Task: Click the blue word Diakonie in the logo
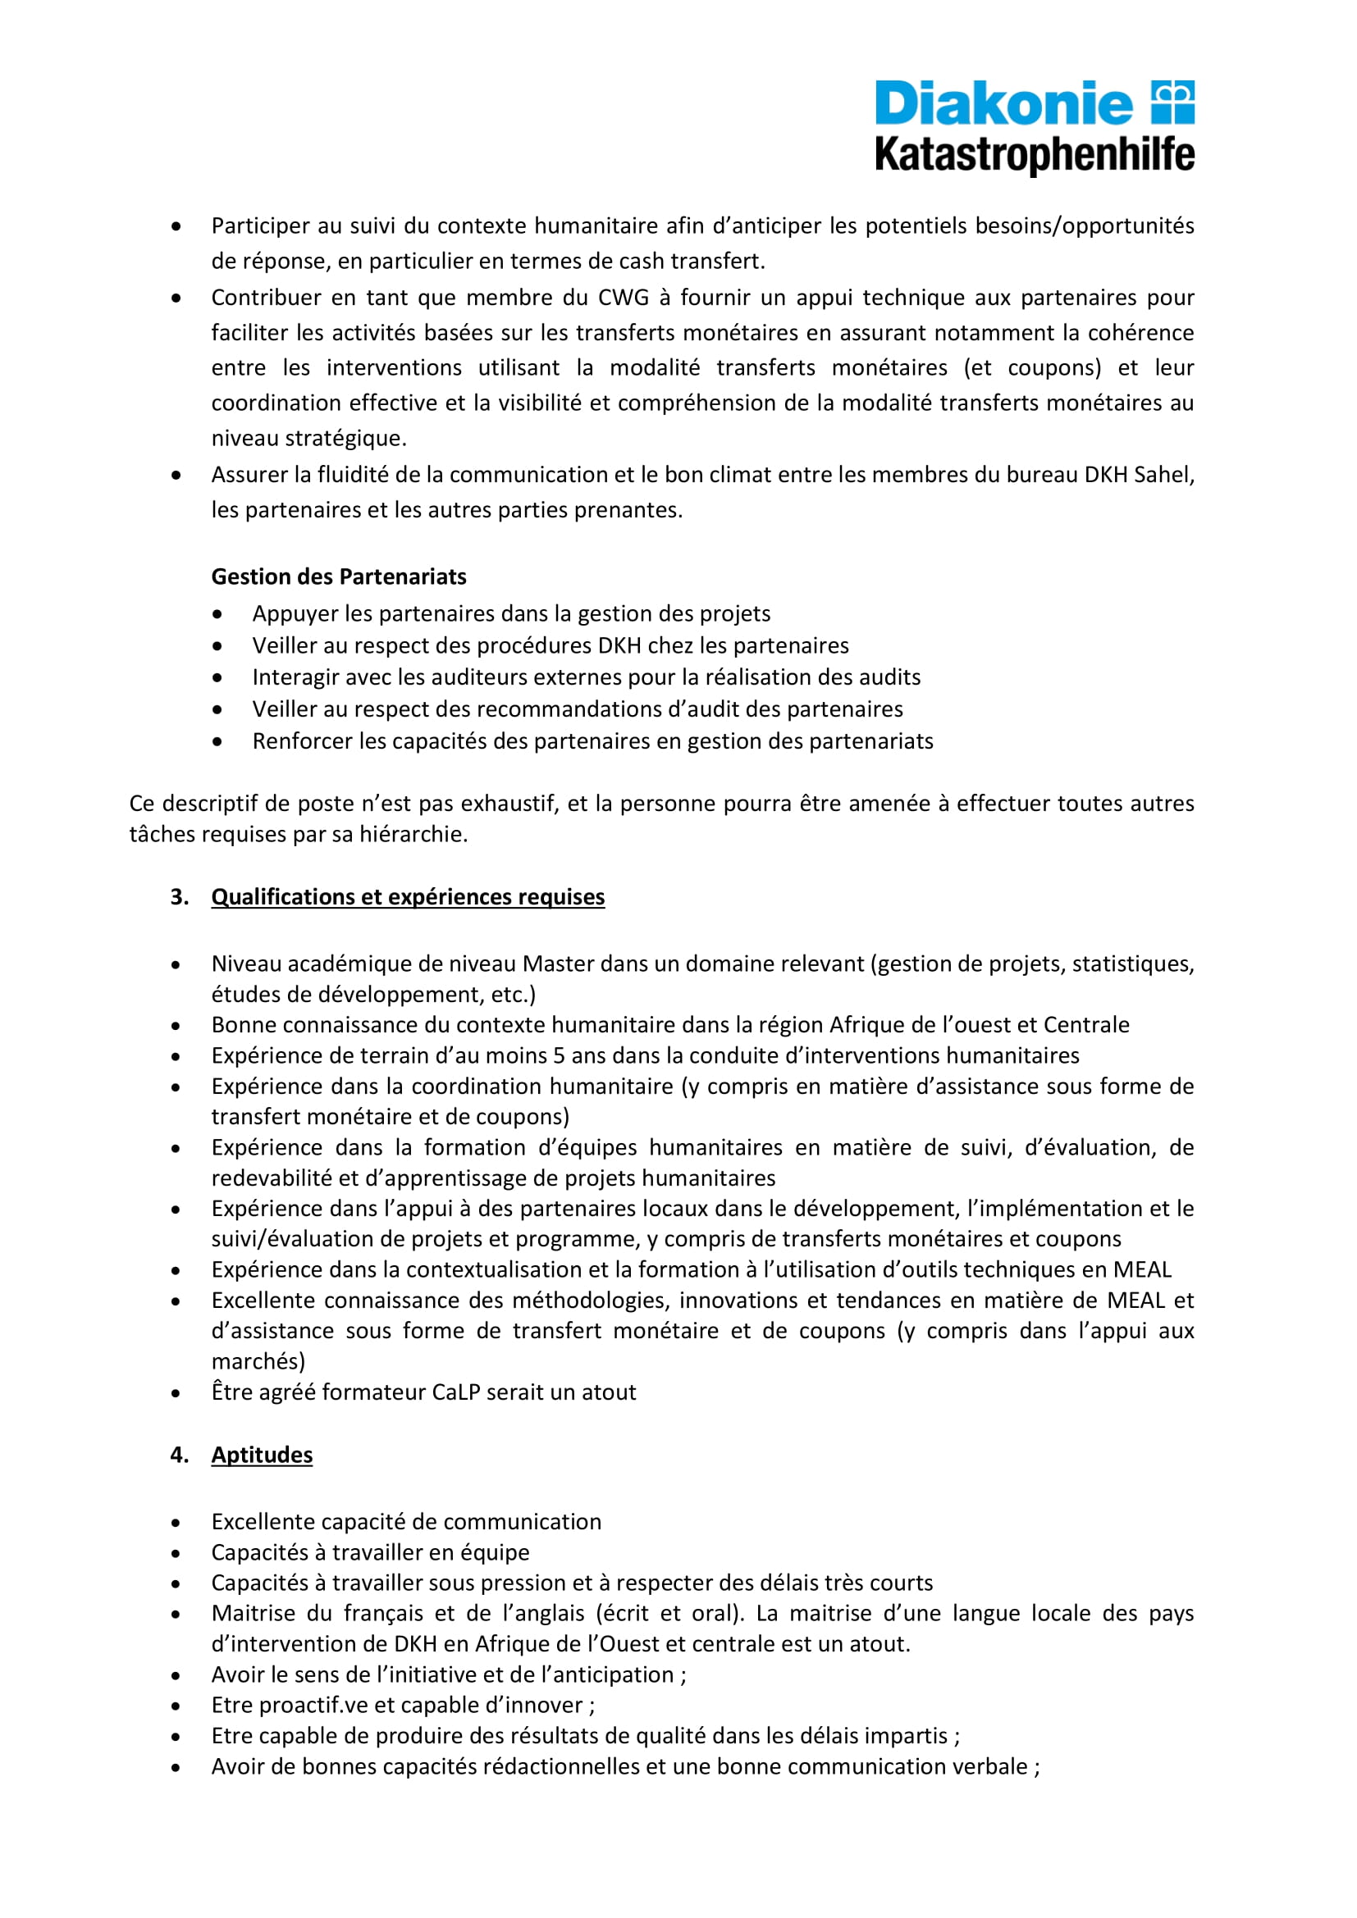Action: (x=1003, y=104)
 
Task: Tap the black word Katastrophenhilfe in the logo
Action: (x=1035, y=155)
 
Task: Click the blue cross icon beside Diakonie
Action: (x=1173, y=102)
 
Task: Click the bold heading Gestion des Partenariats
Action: (x=338, y=576)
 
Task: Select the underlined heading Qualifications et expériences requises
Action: (x=408, y=896)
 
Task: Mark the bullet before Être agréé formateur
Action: (x=176, y=1393)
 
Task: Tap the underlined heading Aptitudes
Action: (x=262, y=1455)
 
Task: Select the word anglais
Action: (x=542, y=1613)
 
